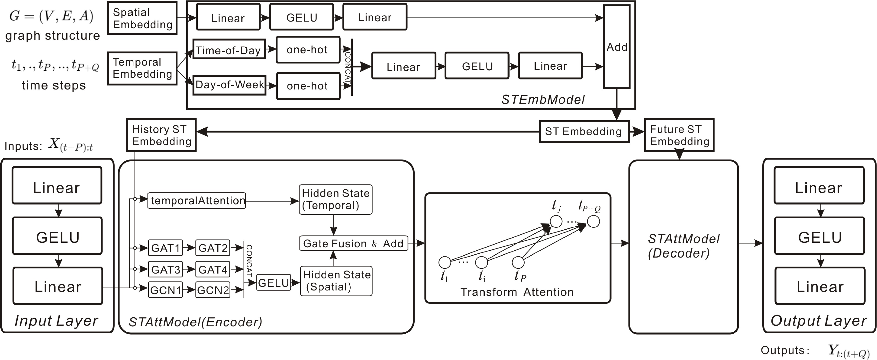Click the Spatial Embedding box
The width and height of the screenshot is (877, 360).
tap(142, 18)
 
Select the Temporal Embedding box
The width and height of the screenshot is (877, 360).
tap(142, 68)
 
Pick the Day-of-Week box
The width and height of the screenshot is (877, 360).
tap(229, 85)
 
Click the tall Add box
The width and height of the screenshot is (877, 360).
tap(616, 47)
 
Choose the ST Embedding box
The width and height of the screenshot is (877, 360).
tap(584, 131)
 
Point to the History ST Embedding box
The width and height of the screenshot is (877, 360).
tap(161, 135)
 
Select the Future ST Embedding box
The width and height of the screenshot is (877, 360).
tap(679, 135)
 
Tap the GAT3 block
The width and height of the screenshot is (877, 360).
tap(165, 270)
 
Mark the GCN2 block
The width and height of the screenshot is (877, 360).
tap(213, 290)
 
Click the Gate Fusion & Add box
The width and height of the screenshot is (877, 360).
tap(353, 244)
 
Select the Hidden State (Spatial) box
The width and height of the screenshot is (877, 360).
tap(336, 281)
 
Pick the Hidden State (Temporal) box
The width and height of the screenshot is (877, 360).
tap(335, 199)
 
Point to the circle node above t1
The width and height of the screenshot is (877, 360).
tap(445, 262)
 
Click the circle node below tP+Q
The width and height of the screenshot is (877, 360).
tap(593, 222)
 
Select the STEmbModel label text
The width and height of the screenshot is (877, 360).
tap(543, 100)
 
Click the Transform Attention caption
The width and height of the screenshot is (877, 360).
tap(517, 292)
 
